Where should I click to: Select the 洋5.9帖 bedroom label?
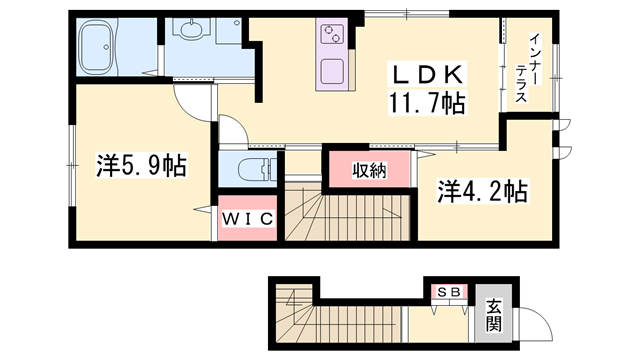coord(141,164)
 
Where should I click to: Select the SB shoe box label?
coord(445,291)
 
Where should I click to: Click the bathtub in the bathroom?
coord(107,44)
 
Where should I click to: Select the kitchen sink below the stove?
coord(332,74)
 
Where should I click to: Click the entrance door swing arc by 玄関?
coord(530,324)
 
